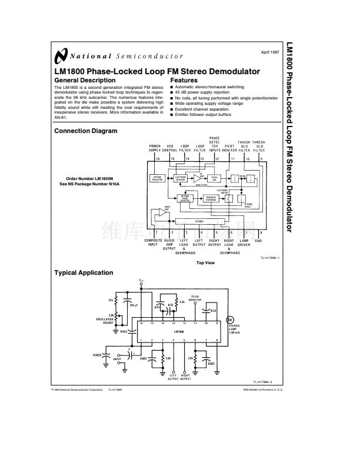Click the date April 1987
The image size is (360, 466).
coord(269,52)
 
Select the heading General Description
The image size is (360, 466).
coord(85,80)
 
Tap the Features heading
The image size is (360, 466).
coord(184,80)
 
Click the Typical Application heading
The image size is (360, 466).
coord(84,273)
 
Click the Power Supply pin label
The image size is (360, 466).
coord(155,148)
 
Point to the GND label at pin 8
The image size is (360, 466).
coord(258,241)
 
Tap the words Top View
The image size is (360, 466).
coord(205,262)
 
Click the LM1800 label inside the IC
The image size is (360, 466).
coord(179,331)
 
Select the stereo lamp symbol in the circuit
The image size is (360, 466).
coord(231,316)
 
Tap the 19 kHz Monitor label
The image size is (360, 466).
coord(195,298)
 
